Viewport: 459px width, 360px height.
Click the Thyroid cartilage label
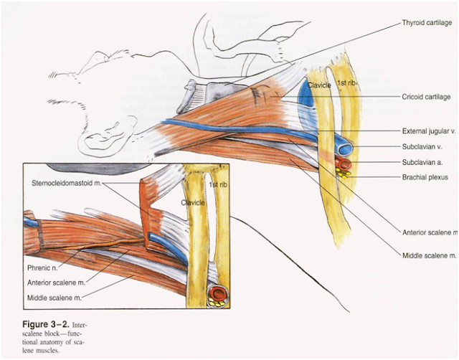coord(427,23)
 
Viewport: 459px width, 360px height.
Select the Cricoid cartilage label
coord(426,96)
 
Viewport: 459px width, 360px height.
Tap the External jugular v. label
coord(429,131)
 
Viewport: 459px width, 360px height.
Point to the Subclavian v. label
coord(422,146)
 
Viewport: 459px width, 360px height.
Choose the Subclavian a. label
coord(422,161)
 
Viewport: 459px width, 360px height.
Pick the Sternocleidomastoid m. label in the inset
coord(65,184)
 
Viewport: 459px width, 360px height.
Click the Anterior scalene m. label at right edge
coord(430,232)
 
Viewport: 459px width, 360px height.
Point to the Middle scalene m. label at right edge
coord(429,255)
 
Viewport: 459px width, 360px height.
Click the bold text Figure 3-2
coord(39,325)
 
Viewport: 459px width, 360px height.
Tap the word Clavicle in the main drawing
coord(319,85)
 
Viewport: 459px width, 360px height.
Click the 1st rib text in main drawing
coord(346,84)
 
